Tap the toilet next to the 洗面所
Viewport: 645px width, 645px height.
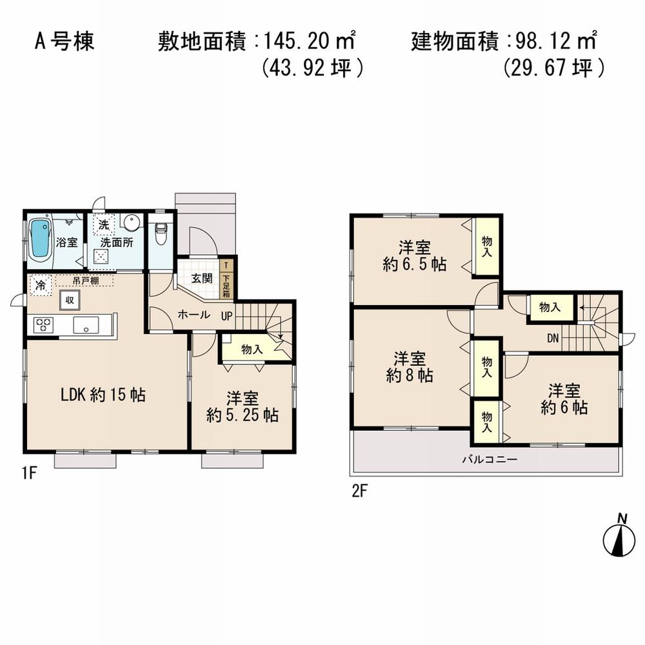[x=161, y=235]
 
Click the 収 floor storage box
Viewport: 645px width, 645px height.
[x=69, y=301]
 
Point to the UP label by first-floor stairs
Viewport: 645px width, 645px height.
[x=226, y=315]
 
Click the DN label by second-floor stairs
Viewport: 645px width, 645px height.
[x=553, y=337]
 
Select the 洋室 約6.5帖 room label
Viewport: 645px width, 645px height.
[x=414, y=255]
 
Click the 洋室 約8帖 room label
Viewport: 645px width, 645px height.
[x=410, y=366]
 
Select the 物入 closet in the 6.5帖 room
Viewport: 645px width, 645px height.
[x=486, y=247]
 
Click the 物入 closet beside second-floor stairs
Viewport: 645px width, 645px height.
[x=549, y=308]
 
